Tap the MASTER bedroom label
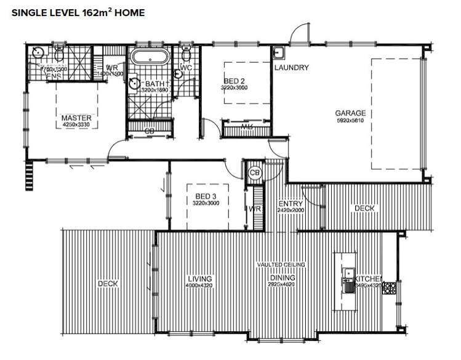tap(76, 118)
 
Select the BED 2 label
tap(233, 81)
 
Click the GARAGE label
tap(350, 113)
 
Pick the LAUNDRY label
tap(291, 68)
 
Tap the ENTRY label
tap(290, 204)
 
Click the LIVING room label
tap(199, 278)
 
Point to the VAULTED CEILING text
tap(281, 265)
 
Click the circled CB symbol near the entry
tap(255, 174)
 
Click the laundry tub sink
tap(278, 52)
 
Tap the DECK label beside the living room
tap(107, 284)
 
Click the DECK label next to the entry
tap(364, 209)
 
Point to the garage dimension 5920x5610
tap(350, 121)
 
